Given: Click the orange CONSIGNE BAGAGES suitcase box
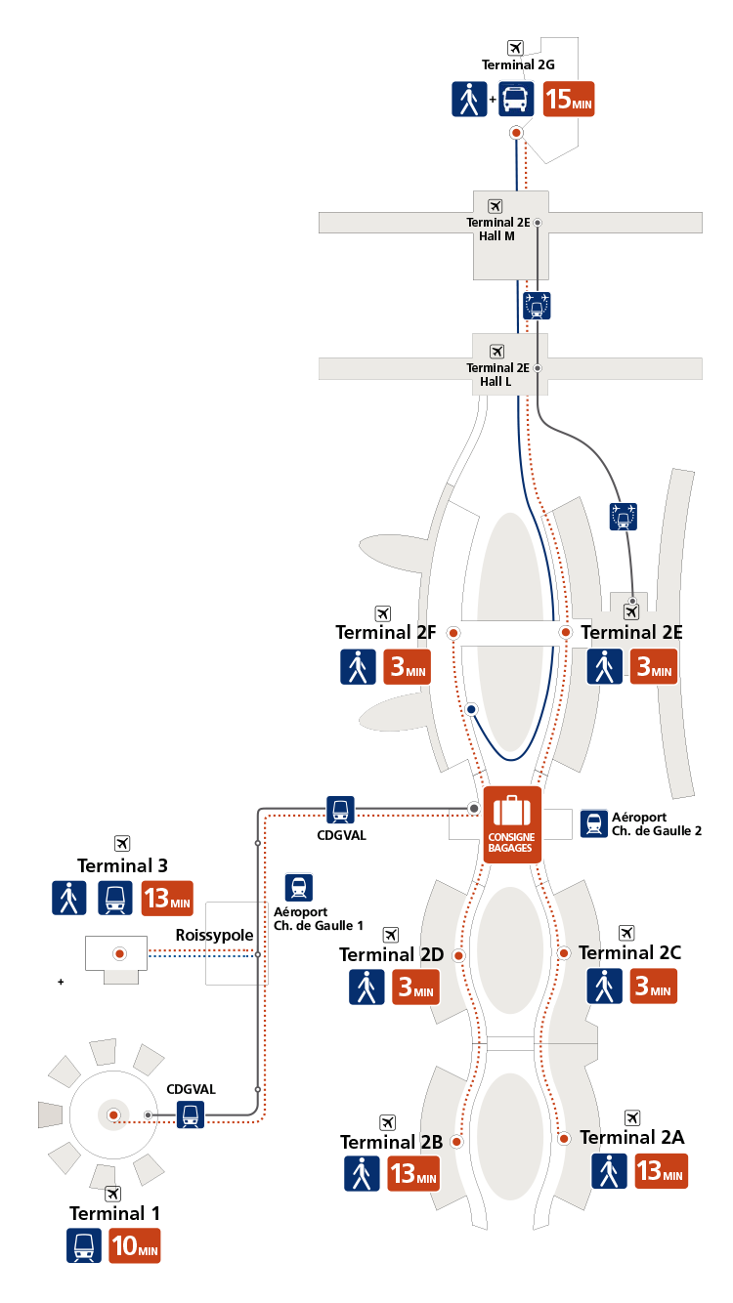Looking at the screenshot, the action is pos(512,824).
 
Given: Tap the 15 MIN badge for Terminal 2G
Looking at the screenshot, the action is pos(568,99).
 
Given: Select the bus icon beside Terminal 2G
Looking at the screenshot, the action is pos(516,99).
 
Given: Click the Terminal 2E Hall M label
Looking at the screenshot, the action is pos(497,230).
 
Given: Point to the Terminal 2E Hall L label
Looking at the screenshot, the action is pos(497,375).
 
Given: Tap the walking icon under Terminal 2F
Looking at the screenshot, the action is pos(358,666).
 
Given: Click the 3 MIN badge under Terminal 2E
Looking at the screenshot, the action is pos(653,666).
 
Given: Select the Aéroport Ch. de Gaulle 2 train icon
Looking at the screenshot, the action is pos(594,823).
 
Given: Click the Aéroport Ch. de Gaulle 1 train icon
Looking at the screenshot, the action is pos(299,887).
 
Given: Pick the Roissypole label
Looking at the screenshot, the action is pos(214,935).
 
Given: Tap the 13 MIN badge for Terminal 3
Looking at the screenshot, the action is pos(167,899).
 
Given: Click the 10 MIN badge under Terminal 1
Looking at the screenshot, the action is pos(135,1245).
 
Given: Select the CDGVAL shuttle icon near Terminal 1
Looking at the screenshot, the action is pos(191,1114).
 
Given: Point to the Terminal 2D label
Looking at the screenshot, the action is pos(391,954).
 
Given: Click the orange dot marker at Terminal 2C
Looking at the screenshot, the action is pos(564,952).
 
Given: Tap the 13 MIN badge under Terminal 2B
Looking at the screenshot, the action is pos(412,1173).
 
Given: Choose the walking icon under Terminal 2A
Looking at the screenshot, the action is pos(609,1171).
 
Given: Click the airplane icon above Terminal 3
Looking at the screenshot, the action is pos(122,843).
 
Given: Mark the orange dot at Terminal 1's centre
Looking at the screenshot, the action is pos(113,1115).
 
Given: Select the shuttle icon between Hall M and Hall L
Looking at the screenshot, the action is pos(537,306).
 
